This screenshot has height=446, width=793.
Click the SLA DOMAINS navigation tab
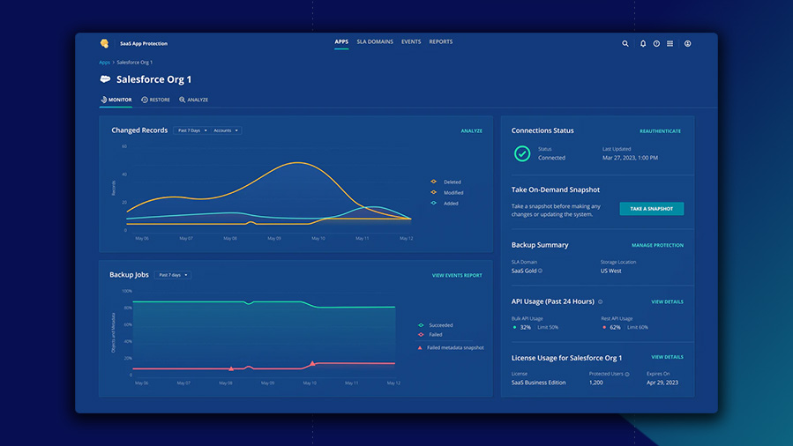375,41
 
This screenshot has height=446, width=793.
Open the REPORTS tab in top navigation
440,41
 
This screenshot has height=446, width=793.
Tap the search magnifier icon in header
625,43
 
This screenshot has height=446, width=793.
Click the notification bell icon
643,43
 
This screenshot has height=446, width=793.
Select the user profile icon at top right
688,43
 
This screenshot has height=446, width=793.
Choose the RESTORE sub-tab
156,100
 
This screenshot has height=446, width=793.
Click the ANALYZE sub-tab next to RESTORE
194,100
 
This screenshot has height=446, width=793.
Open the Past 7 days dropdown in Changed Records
192,130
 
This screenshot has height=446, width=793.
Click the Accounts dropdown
225,130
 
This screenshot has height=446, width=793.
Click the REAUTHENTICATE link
660,131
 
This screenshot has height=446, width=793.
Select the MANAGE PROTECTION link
657,245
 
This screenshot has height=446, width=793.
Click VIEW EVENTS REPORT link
457,275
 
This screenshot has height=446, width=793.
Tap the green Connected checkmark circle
522,153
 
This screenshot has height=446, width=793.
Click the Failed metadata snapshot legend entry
454,347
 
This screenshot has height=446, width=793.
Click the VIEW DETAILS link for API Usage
667,301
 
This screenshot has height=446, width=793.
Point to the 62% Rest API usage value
615,327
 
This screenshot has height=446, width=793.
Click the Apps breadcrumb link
104,63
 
